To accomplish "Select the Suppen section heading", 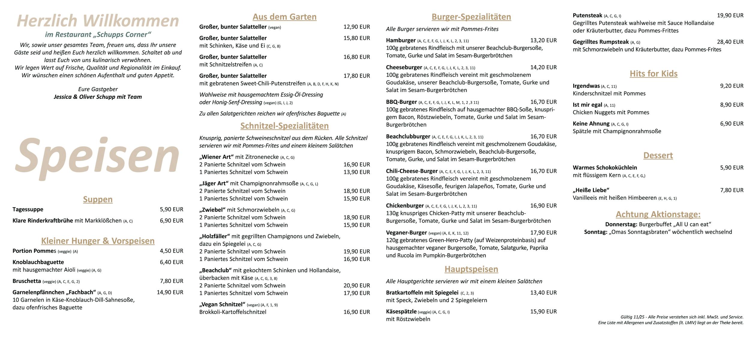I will click(x=98, y=199).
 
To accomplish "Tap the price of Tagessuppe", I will click(x=171, y=209).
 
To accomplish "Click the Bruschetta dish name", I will click(x=27, y=281).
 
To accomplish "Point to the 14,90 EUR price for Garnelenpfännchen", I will click(x=170, y=292).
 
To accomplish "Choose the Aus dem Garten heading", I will click(x=284, y=17).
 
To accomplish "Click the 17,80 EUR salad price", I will click(x=356, y=76).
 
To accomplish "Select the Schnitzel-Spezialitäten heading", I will click(x=284, y=126).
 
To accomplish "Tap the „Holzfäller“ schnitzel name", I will click(x=214, y=236).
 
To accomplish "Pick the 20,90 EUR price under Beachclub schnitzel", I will click(x=356, y=286).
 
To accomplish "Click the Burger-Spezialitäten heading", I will click(x=471, y=17).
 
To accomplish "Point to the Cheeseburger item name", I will click(x=404, y=67).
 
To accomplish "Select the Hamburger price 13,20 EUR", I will click(x=543, y=40).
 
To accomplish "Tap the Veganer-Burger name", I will click(x=406, y=233).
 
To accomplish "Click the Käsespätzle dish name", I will click(x=401, y=311).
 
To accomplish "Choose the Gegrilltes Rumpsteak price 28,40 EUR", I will click(x=730, y=42).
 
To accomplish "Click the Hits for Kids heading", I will click(x=653, y=74).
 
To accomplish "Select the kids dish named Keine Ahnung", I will click(x=591, y=124).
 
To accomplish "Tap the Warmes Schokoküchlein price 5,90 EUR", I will click(x=732, y=168).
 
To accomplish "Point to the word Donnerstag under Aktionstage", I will click(x=621, y=224).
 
